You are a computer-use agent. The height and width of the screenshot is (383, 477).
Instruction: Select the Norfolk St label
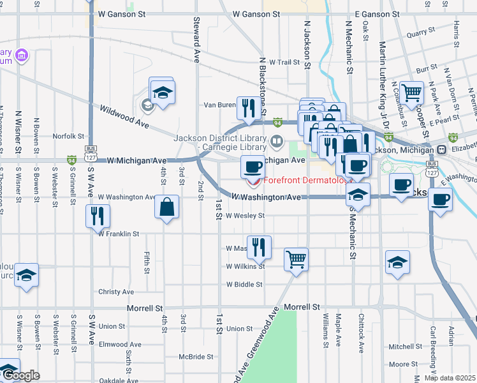(x=68, y=136)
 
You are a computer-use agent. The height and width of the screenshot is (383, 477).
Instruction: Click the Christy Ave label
(x=116, y=292)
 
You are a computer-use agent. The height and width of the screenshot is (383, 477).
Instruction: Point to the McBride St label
(x=196, y=357)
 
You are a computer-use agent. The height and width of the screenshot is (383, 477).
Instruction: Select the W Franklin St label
(x=118, y=234)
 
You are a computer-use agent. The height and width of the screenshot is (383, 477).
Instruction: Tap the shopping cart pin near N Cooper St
(x=412, y=93)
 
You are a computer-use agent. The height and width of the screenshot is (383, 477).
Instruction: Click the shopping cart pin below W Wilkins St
(x=296, y=259)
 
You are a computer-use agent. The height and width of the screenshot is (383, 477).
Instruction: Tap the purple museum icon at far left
(x=22, y=56)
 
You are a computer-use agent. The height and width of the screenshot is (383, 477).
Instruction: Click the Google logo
(x=21, y=376)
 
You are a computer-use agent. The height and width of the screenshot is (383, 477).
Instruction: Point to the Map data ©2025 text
(x=450, y=378)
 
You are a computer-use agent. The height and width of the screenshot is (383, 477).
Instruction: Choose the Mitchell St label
(x=402, y=347)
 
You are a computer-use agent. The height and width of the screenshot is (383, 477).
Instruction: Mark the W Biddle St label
(x=244, y=284)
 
